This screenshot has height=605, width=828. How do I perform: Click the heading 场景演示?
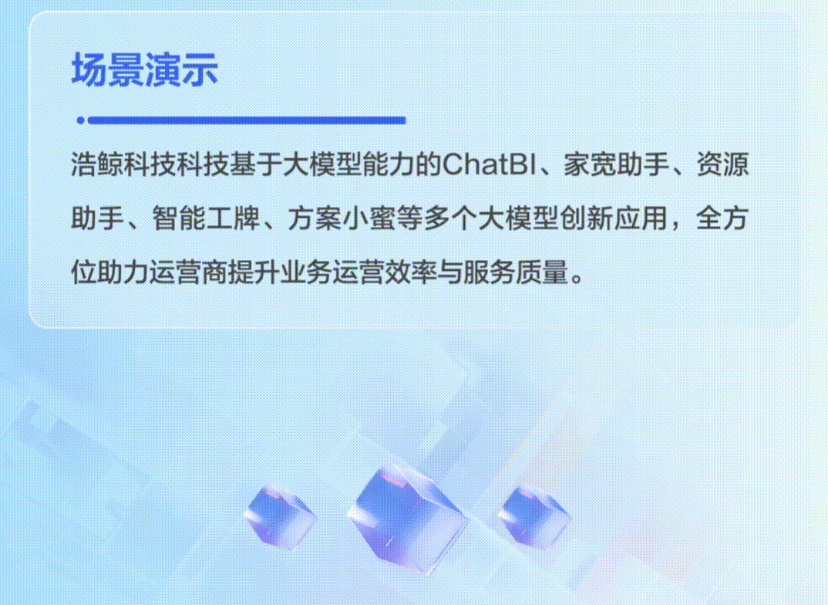(145, 70)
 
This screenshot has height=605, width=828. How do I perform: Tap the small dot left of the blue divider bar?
(80, 120)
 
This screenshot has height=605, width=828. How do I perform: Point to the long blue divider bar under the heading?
(247, 120)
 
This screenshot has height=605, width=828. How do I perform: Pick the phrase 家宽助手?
(614, 166)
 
